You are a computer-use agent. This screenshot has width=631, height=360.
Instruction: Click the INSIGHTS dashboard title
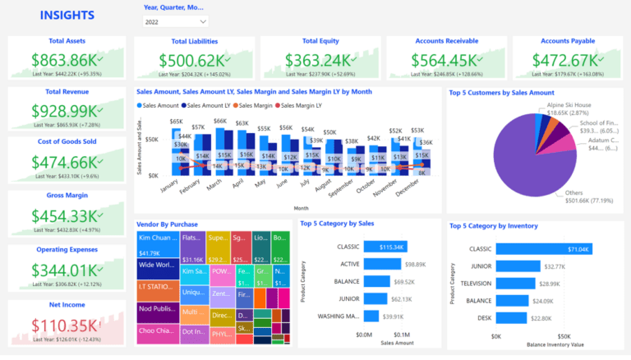[x=67, y=16]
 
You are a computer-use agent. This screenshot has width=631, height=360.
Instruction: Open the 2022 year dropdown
[x=175, y=21]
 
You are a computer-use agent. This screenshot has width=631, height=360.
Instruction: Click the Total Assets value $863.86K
[x=64, y=60]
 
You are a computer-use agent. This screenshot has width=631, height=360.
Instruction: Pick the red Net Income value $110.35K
[x=64, y=324]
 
